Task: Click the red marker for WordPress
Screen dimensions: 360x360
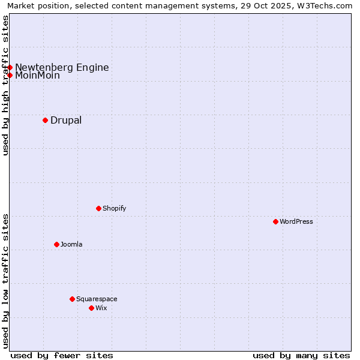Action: pos(275,221)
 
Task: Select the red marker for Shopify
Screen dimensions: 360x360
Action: pos(98,208)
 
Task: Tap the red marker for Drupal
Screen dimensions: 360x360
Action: pos(45,120)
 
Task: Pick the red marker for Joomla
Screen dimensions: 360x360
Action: pos(56,244)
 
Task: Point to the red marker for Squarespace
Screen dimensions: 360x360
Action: pos(72,299)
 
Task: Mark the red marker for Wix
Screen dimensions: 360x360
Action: pos(91,308)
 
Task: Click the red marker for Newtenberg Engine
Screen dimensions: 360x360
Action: pos(10,67)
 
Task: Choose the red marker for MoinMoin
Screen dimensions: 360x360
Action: pos(10,75)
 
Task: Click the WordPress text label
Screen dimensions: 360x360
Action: pos(296,221)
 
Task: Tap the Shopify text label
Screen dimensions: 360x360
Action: pos(115,208)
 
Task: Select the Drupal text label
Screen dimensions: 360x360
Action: pos(66,120)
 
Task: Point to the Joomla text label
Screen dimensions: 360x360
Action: pos(71,244)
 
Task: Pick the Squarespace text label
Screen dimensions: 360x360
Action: pos(97,299)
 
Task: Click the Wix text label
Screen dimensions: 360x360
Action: pos(101,308)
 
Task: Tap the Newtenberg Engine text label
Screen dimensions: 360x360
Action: pos(62,67)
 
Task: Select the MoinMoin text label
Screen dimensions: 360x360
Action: pos(37,76)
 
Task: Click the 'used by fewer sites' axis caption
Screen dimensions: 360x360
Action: pos(62,355)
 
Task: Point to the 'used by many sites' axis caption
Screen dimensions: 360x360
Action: pos(301,355)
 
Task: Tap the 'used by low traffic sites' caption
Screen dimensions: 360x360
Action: pos(6,281)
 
